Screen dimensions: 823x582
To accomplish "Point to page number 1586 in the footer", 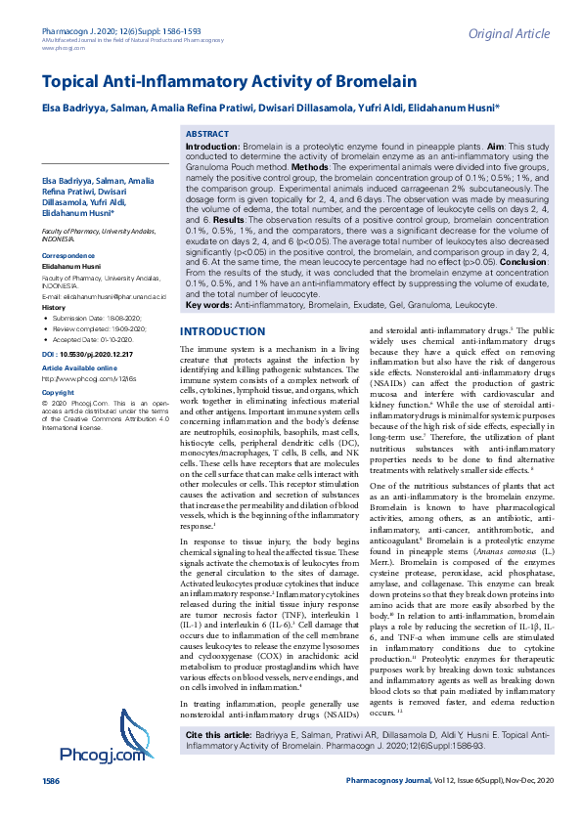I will coord(50,809).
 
